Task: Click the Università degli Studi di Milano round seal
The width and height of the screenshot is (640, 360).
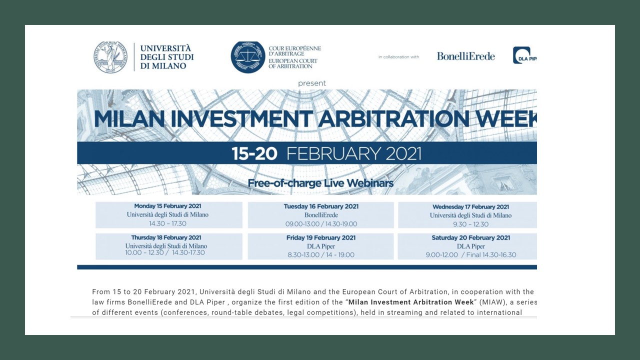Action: (110, 57)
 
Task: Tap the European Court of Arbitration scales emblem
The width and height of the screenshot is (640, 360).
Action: (247, 57)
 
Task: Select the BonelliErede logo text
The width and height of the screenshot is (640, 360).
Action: (465, 56)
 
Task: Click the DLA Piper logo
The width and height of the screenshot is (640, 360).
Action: (525, 55)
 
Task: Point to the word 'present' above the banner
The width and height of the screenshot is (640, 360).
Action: (311, 83)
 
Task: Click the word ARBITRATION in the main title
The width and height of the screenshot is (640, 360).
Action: (393, 118)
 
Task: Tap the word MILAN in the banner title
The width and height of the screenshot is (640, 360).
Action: (129, 118)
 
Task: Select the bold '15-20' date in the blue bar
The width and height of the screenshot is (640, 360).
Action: (254, 153)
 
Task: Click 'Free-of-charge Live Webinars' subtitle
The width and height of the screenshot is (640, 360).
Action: (320, 183)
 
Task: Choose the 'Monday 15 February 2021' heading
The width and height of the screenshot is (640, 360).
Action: (167, 206)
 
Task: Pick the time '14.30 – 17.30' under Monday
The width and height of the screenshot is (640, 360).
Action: (167, 223)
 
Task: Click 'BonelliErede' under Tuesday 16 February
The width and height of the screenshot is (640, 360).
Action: (321, 215)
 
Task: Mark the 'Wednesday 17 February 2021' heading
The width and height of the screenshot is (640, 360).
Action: (470, 207)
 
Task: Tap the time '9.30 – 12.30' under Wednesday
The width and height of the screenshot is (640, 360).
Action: (470, 224)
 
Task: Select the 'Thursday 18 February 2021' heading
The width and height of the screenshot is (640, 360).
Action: (166, 237)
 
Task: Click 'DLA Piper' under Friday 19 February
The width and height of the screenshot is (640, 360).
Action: (321, 246)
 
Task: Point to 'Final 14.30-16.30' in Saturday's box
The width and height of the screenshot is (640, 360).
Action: (491, 255)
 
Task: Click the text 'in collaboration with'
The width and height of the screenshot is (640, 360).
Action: (399, 57)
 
